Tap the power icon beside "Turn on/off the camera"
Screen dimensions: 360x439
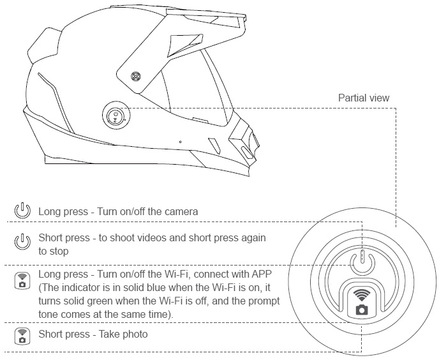22,211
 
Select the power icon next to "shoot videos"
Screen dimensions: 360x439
22,241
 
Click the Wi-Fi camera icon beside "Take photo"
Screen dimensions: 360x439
22,336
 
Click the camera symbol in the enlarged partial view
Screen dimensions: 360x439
362,311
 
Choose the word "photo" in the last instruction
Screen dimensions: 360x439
132,335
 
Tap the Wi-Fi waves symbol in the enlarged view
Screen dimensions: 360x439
362,296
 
